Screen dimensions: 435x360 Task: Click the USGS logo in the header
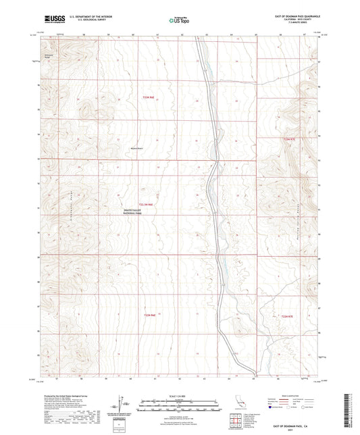(53, 20)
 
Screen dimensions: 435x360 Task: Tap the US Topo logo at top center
(180, 20)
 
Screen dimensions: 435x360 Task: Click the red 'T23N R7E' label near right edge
(288, 138)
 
